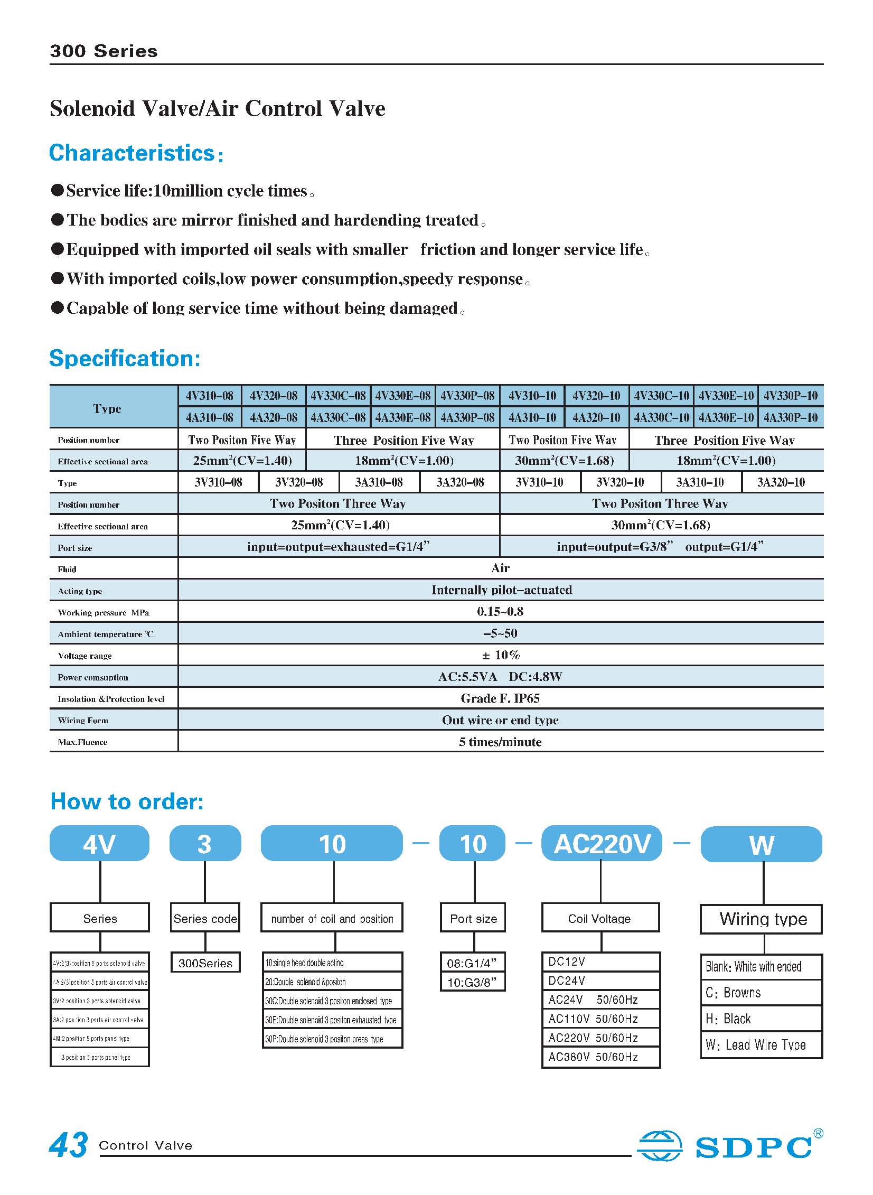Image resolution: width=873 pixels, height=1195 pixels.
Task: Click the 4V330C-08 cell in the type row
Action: pyautogui.click(x=337, y=396)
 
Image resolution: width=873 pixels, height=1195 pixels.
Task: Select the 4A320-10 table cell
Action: pyautogui.click(x=596, y=417)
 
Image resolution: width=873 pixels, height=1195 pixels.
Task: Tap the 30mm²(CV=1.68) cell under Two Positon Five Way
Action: pyautogui.click(x=565, y=461)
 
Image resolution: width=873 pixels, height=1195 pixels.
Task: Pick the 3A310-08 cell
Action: pyautogui.click(x=379, y=482)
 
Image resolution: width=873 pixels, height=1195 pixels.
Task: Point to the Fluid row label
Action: pyautogui.click(x=67, y=569)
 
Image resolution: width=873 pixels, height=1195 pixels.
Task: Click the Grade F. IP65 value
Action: pyautogui.click(x=500, y=698)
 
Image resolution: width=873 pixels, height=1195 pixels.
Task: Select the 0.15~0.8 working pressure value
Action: pyautogui.click(x=500, y=612)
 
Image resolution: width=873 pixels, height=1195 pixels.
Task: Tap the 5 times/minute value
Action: pyautogui.click(x=500, y=742)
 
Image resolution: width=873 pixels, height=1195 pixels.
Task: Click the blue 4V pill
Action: pyautogui.click(x=99, y=844)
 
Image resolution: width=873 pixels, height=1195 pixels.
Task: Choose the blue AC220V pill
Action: pyautogui.click(x=602, y=844)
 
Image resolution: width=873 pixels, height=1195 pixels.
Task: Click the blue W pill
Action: pyautogui.click(x=761, y=845)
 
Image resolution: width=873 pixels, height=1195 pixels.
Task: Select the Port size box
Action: pyautogui.click(x=473, y=919)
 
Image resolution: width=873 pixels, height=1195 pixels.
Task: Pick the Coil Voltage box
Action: pyautogui.click(x=600, y=919)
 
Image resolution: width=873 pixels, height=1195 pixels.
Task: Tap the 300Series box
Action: pyautogui.click(x=205, y=963)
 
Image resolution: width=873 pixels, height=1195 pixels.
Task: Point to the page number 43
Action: pyautogui.click(x=69, y=1144)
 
